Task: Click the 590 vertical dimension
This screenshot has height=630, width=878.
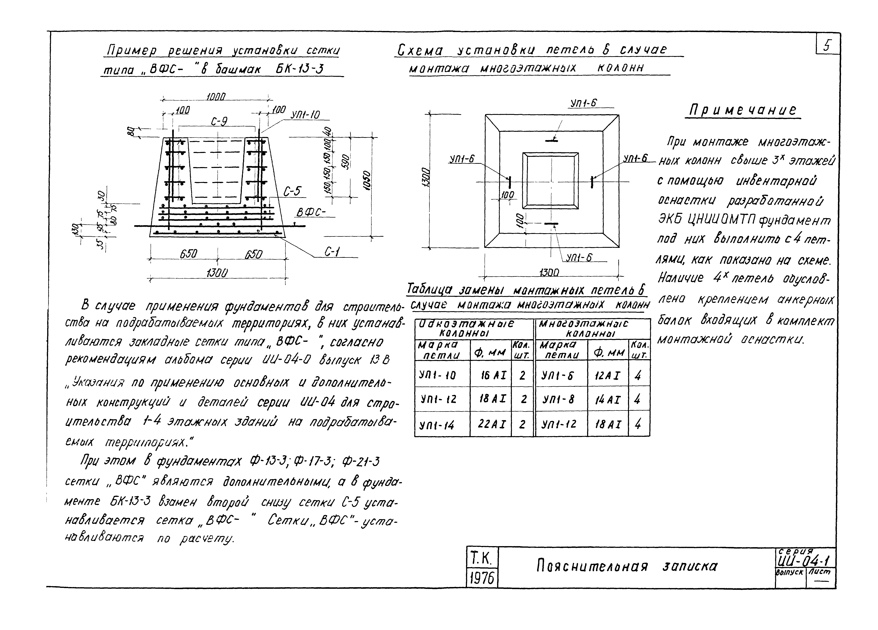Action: [x=346, y=162]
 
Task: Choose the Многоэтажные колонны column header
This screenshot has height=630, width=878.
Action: [x=592, y=328]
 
